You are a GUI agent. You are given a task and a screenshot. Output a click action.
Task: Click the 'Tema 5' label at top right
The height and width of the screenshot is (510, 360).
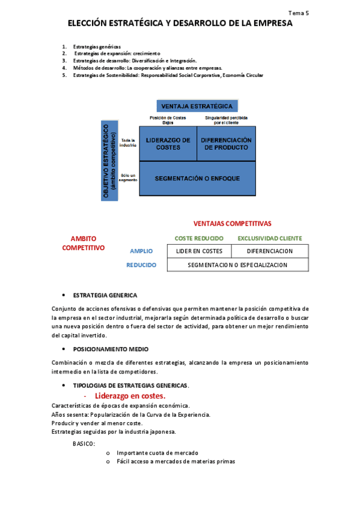point(299,12)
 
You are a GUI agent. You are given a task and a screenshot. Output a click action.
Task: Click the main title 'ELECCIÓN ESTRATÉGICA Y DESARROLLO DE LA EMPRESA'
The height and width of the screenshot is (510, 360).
point(180,24)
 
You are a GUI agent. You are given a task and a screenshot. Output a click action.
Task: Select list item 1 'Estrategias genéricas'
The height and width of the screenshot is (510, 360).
point(96,47)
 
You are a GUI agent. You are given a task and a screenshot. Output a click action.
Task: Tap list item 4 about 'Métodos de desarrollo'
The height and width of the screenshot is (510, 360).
point(147,68)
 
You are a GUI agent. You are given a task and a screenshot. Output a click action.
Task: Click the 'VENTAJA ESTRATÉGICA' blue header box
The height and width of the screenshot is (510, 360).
point(197,106)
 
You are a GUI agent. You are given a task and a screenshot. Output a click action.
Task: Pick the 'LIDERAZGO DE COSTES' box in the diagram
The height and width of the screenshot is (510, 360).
point(168,144)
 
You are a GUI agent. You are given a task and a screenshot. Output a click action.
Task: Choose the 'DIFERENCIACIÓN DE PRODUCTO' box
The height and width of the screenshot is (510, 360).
point(226,144)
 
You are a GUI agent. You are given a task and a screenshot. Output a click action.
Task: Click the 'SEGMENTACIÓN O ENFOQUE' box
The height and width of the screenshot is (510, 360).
point(197,179)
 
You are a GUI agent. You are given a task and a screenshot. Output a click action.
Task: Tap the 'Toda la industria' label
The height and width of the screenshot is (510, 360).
point(129,143)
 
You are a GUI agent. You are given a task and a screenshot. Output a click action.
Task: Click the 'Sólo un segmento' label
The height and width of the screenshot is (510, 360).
point(129,178)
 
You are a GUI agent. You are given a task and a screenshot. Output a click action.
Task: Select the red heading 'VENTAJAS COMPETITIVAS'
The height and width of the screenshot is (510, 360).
point(232,223)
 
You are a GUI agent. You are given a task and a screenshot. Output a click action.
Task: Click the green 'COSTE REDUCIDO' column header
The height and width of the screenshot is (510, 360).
point(199,238)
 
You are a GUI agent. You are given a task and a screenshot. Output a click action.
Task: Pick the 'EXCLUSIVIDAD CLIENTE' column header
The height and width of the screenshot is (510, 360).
point(270,238)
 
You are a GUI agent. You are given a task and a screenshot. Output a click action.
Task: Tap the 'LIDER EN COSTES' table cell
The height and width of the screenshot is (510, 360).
point(199,251)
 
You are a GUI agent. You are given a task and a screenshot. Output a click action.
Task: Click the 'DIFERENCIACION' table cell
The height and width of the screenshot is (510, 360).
point(269,251)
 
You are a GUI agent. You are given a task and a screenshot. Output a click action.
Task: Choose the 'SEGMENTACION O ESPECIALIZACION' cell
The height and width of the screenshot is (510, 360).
point(237,265)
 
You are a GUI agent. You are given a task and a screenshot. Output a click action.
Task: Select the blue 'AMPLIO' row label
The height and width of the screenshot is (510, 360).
point(141,251)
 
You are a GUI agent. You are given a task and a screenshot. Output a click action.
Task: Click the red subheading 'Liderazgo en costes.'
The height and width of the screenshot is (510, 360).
point(130,396)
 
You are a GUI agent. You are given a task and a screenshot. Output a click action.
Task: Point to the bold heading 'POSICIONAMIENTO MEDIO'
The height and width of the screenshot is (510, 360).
point(111,349)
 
